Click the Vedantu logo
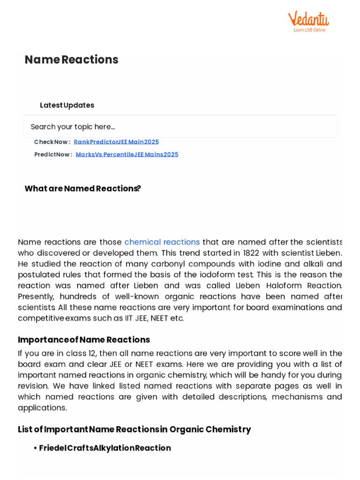(x=308, y=20)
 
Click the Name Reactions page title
(x=71, y=60)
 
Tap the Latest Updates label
(x=67, y=105)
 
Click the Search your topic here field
(x=180, y=127)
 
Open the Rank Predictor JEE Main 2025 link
(x=116, y=142)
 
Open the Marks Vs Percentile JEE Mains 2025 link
(x=127, y=154)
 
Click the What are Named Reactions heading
(x=82, y=188)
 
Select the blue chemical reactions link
(x=162, y=242)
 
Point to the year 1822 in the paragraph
(x=251, y=253)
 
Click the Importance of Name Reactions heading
(x=84, y=339)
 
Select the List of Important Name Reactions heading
(x=134, y=429)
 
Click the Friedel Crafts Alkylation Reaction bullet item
(x=105, y=448)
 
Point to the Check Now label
(x=52, y=142)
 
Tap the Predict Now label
(x=53, y=154)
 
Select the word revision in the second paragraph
(x=33, y=386)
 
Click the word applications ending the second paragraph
(x=42, y=407)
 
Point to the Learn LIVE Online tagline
(x=309, y=30)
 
